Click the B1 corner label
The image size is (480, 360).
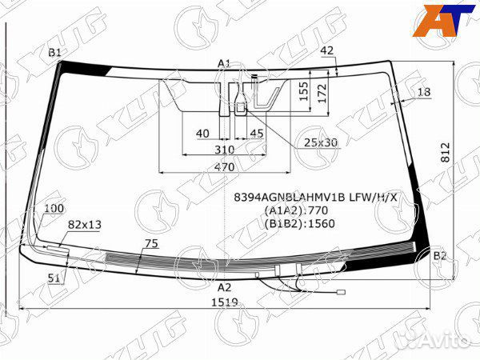54,53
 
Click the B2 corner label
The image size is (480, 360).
439,256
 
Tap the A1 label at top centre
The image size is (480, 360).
224,63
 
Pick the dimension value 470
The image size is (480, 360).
224,167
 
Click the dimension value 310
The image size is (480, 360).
224,150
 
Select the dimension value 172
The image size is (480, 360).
322,94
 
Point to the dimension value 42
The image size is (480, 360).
326,50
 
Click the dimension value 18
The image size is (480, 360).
423,93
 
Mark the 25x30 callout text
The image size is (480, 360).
320,142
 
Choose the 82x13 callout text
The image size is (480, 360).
85,225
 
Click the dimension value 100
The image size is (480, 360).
54,209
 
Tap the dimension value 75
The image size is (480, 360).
151,244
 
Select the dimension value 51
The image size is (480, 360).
54,278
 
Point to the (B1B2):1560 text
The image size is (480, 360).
298,223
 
